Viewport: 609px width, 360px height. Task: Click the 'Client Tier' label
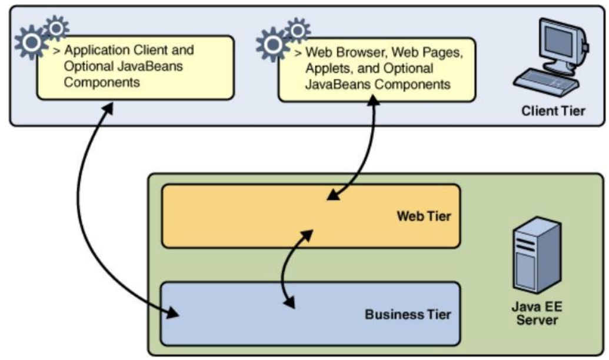tap(553, 110)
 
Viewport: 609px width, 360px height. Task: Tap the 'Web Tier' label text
tap(424, 216)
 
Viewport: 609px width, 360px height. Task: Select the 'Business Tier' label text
tap(408, 314)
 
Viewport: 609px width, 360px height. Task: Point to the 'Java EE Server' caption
tap(535, 313)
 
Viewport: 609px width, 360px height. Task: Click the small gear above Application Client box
tap(56, 27)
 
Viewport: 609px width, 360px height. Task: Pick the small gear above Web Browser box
tap(298, 29)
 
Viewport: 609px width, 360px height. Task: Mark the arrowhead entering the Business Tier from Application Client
tap(173, 313)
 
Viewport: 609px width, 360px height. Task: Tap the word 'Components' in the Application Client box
tap(102, 82)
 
